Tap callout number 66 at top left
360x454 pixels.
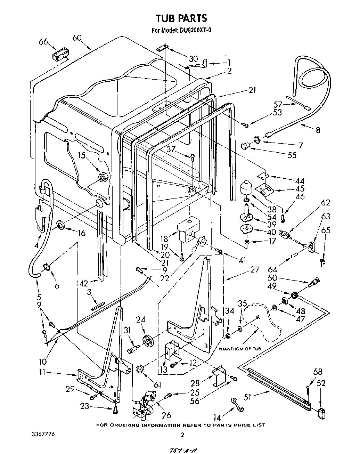tap(43, 42)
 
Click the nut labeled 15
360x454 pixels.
tap(102, 176)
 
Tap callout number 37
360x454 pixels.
tap(171, 149)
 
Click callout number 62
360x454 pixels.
tap(326, 202)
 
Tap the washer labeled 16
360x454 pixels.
tap(60, 227)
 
